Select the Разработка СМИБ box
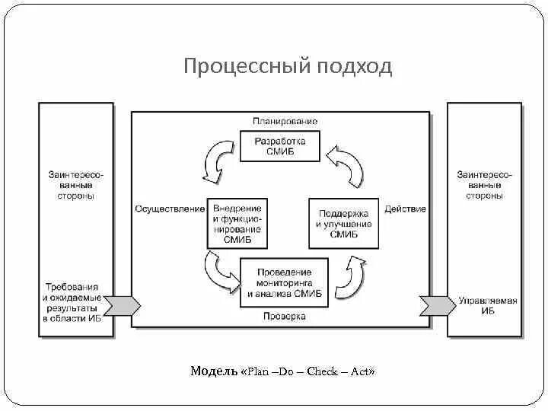coord(279,146)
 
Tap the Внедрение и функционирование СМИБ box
coord(237,224)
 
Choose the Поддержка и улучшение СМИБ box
coord(343,224)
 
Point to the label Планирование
coord(285,122)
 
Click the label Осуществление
coord(170,209)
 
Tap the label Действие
coord(405,209)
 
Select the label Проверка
coord(284,315)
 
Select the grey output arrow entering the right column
coord(437,306)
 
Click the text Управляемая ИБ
coord(487,306)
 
